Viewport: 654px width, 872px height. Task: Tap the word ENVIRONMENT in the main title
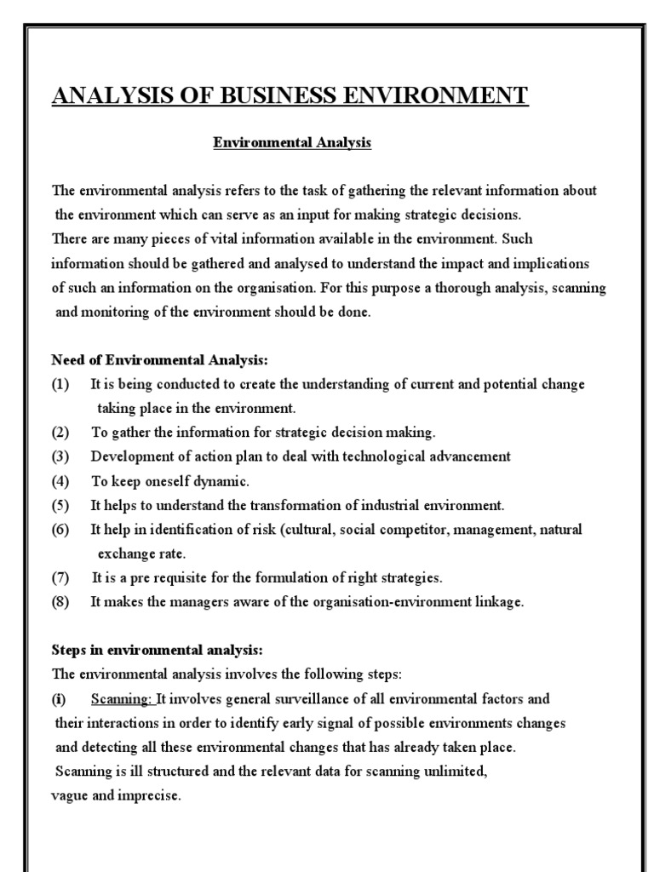tap(430, 95)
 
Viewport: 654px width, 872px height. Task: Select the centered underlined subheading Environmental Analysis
tap(292, 143)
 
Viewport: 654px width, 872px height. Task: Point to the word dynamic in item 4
tap(223, 480)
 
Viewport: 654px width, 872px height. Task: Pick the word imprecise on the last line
tap(152, 797)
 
